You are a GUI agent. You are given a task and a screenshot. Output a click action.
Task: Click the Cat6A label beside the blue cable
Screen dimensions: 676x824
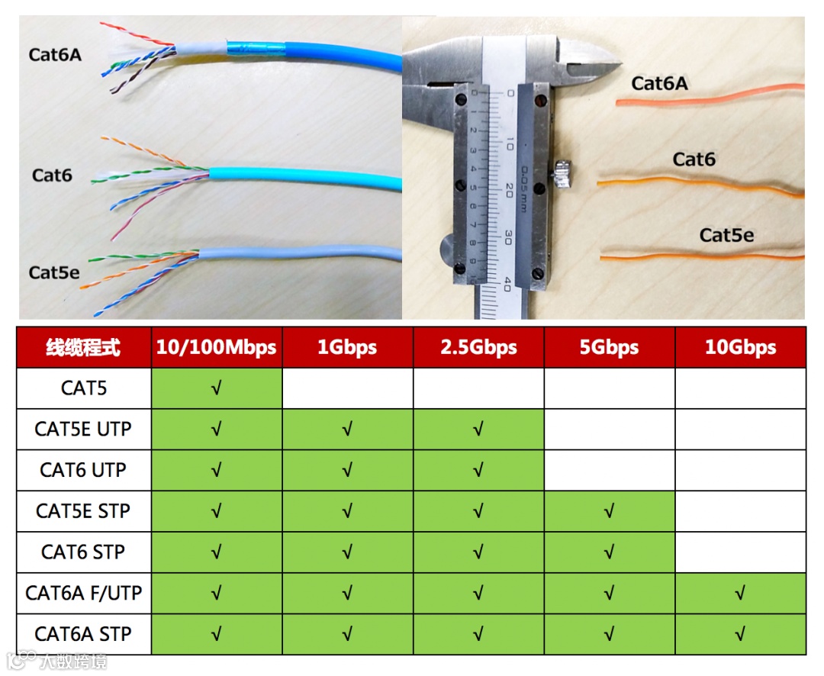click(x=55, y=55)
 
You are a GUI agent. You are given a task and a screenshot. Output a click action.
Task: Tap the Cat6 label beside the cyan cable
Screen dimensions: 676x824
click(x=52, y=175)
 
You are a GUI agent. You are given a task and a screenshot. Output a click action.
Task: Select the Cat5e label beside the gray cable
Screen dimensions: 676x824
click(x=54, y=272)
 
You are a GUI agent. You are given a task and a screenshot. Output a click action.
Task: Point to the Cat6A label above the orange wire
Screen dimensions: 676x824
click(x=659, y=83)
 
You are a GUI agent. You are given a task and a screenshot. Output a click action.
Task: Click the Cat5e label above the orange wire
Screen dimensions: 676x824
click(x=726, y=235)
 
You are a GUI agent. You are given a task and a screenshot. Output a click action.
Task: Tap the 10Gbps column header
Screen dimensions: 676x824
click(x=740, y=348)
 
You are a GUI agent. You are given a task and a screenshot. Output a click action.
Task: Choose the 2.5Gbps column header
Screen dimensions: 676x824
click(x=478, y=348)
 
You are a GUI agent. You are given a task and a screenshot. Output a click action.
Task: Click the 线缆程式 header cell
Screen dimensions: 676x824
click(x=84, y=348)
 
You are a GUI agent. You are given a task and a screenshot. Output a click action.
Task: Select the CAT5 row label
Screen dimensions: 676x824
click(x=84, y=388)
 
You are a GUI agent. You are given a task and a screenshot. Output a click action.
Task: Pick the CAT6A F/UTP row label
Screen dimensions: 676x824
click(x=84, y=593)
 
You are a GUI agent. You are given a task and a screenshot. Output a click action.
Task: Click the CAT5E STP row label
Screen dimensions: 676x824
click(x=84, y=511)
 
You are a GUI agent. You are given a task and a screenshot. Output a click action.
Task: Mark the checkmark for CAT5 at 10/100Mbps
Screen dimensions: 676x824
click(x=217, y=389)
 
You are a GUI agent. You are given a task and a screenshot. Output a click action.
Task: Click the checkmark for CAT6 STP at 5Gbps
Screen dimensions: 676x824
click(x=609, y=552)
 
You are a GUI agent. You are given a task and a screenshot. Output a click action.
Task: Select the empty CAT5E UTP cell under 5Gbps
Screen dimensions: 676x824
click(x=609, y=430)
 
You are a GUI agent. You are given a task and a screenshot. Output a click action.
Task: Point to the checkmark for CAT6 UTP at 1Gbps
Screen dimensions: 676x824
click(x=348, y=471)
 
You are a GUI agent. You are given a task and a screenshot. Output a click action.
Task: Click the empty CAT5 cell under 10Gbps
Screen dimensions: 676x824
click(x=740, y=388)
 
